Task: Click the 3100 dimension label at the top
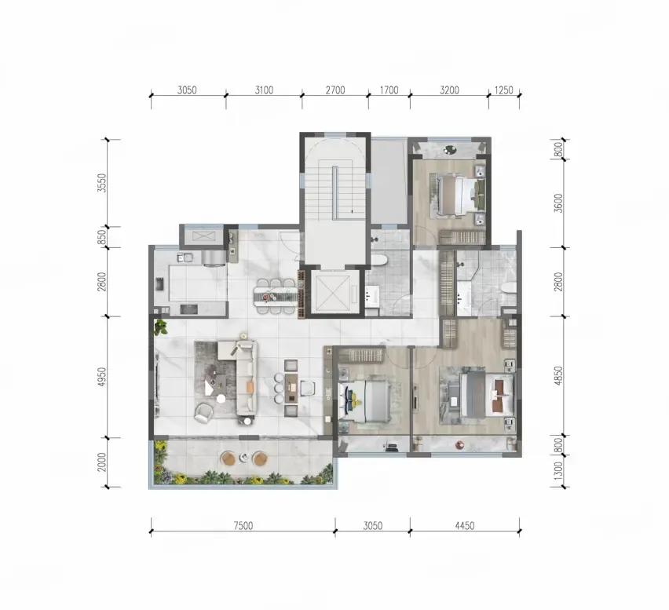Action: [264, 90]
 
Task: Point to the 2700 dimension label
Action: [335, 90]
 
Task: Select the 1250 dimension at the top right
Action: [503, 90]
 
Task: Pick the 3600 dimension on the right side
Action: [559, 203]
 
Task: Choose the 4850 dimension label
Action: [559, 377]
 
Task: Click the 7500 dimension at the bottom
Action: [243, 527]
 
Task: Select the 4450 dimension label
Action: [464, 527]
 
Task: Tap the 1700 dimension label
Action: [389, 90]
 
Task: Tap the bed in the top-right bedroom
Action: [457, 193]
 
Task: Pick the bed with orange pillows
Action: [481, 393]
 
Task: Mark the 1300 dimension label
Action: [559, 472]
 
